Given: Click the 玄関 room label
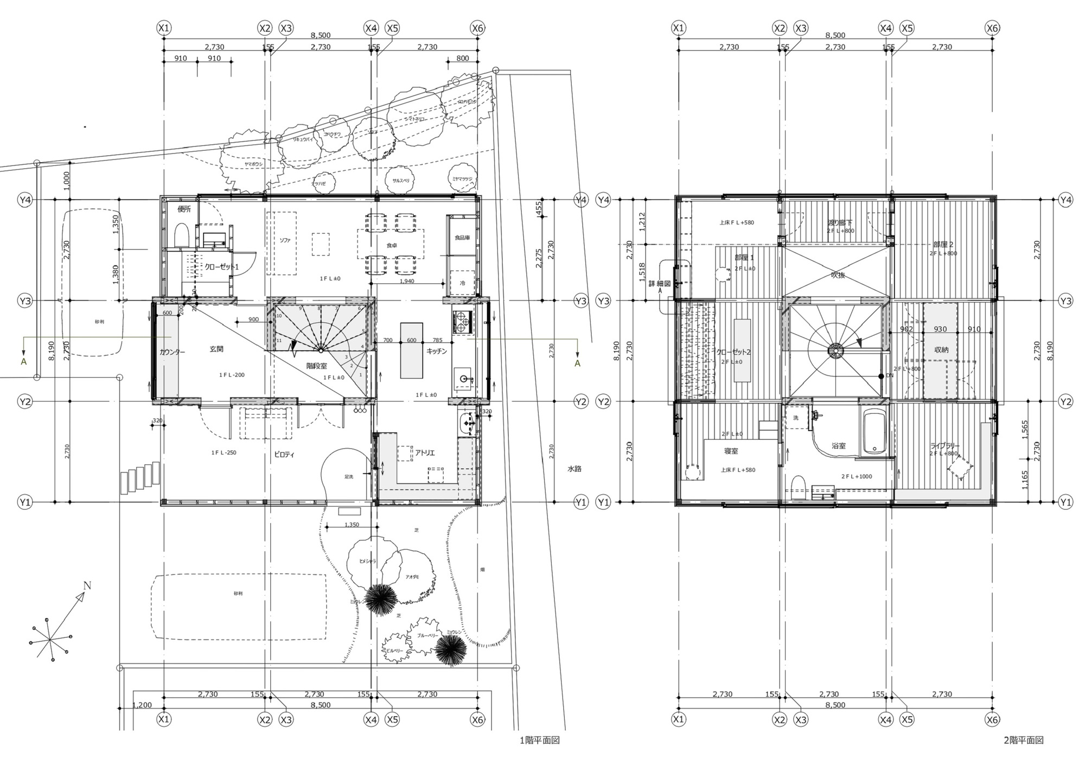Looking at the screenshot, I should point(216,349).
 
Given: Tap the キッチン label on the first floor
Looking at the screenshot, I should point(437,351).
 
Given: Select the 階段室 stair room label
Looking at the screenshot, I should point(316,366).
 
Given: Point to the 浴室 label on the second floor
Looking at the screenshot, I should point(839,446).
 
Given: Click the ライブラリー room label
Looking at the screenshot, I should point(945,446).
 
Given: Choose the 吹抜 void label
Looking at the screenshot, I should point(838,275).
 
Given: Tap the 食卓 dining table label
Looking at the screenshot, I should point(391,245).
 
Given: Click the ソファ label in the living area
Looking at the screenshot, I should point(284,240).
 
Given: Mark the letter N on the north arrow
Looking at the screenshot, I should point(87,585).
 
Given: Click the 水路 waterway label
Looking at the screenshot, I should point(575,468).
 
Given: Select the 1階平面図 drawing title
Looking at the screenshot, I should point(539,740).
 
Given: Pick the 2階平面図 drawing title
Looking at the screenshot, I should point(1023,740).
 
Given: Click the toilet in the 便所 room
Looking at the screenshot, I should point(181,236).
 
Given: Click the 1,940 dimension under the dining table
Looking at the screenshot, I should point(407,281).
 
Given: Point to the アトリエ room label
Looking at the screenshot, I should point(425,452).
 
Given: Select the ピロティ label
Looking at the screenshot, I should point(284,455).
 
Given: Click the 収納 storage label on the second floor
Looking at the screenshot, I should point(941,350).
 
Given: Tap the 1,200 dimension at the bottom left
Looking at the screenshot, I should point(142,705).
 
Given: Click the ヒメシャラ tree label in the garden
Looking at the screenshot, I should point(367,561).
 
